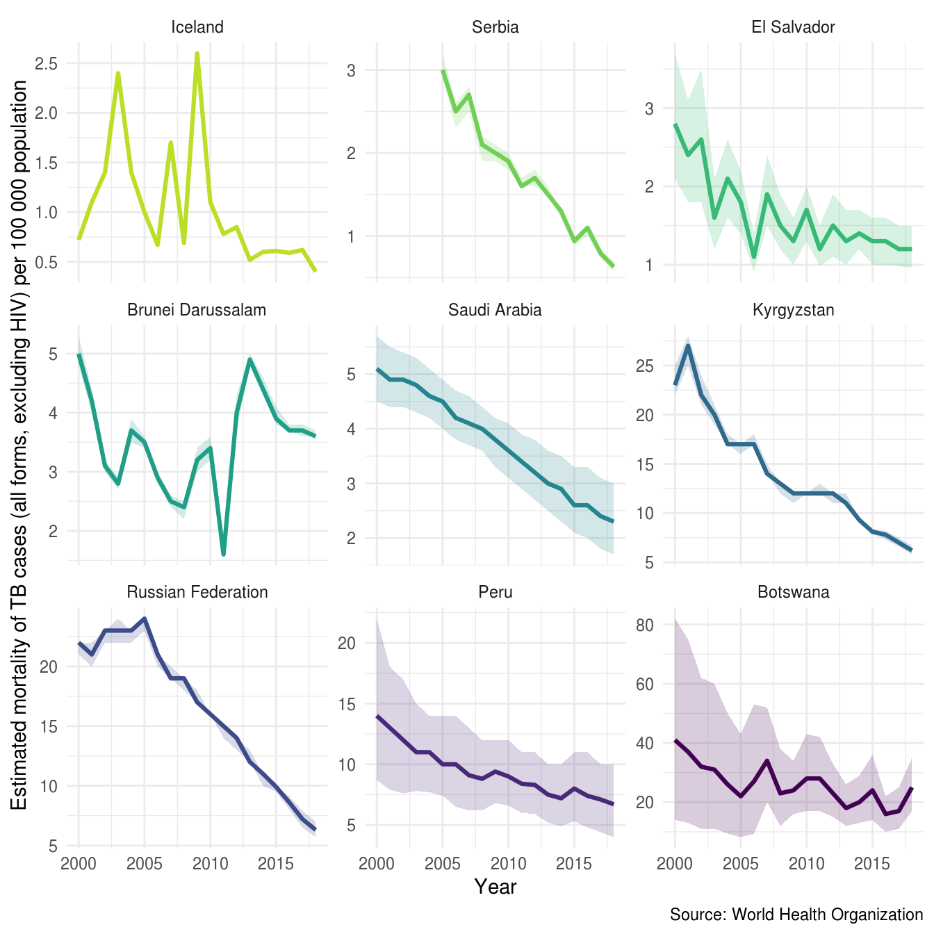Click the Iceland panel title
point(197,27)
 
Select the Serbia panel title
point(495,27)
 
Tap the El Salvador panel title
point(793,27)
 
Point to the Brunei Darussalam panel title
point(197,310)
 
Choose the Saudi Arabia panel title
point(495,310)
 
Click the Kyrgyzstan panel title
point(793,310)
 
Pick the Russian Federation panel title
point(197,592)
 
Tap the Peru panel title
point(495,592)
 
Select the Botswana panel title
point(793,592)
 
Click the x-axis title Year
point(495,887)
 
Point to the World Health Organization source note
point(796,915)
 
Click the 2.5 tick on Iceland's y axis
point(47,63)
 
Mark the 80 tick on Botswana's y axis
point(644,625)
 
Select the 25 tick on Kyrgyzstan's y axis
point(644,366)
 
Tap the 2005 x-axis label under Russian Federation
point(145,864)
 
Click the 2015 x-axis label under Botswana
point(872,864)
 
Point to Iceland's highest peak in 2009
point(197,54)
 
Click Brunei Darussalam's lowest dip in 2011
point(223,554)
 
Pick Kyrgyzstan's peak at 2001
point(688,345)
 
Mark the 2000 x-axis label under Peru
point(377,864)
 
